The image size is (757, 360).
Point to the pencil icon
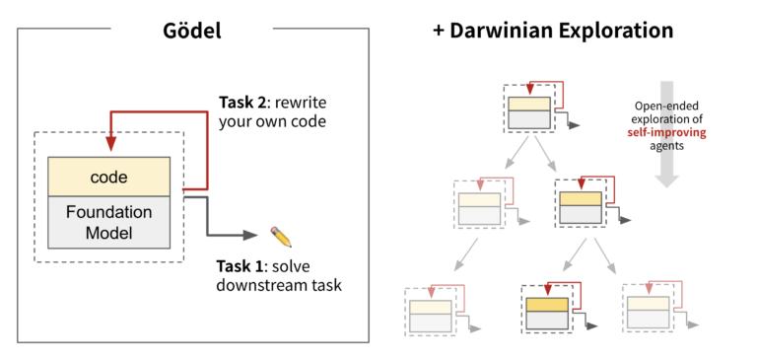(x=282, y=236)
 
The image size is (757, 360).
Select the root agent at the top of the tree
(x=529, y=111)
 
